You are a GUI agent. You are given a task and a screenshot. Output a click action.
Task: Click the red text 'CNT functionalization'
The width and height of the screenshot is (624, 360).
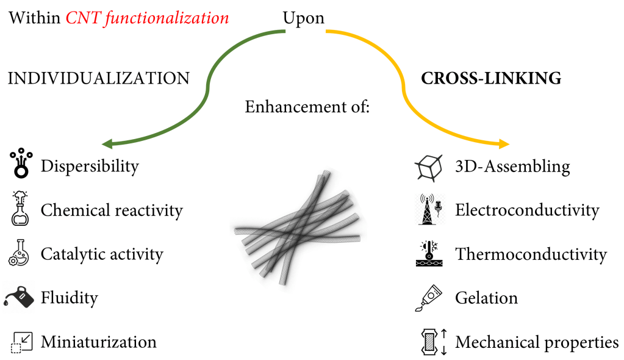(x=147, y=18)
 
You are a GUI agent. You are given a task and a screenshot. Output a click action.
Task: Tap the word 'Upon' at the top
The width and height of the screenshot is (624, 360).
(x=303, y=18)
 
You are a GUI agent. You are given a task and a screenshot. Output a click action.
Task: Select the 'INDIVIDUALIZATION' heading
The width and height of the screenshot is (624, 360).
(x=98, y=78)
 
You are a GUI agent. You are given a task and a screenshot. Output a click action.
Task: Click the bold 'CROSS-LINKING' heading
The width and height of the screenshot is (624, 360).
(x=491, y=78)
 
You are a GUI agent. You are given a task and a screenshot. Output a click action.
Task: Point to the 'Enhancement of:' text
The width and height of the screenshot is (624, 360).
(x=307, y=107)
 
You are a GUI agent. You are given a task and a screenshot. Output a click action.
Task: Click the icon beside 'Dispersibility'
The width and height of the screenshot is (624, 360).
(x=21, y=164)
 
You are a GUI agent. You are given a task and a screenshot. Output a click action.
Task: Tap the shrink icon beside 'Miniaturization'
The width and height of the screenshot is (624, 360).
(x=21, y=342)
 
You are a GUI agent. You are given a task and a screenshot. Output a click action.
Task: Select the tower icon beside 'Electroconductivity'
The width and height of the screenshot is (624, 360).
(x=429, y=209)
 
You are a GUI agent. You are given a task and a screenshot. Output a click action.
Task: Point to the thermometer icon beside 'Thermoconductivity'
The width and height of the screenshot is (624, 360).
(x=429, y=253)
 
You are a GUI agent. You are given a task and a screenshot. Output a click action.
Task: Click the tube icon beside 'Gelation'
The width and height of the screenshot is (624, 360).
(x=429, y=297)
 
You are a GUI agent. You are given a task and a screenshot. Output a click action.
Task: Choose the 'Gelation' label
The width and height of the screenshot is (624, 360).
(x=486, y=298)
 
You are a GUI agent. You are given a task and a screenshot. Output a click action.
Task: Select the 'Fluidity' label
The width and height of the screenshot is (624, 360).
(x=69, y=298)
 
